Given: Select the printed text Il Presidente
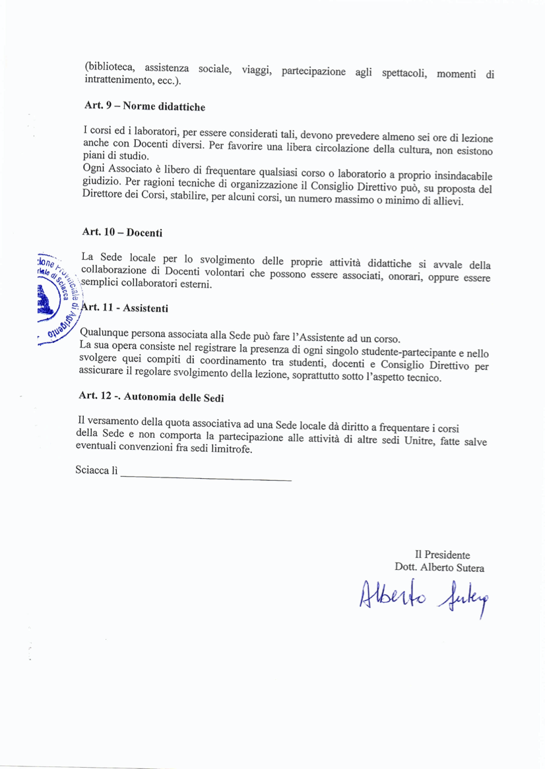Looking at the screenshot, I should click(x=442, y=555).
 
